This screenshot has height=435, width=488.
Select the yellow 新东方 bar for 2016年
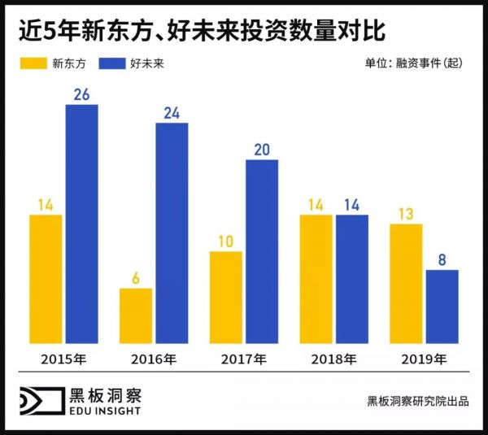pos(136,315)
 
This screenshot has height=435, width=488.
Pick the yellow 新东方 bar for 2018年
pos(316,279)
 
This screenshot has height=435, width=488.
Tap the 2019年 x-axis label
pos(424,359)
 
